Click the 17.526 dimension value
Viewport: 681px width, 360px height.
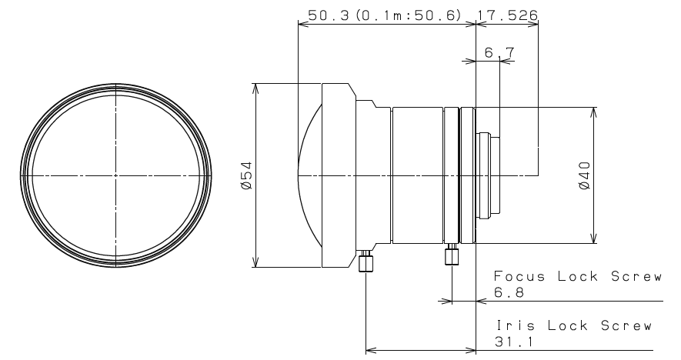coord(509,15)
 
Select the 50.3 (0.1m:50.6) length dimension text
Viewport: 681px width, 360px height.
coord(384,15)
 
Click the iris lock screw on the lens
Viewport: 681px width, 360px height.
coord(366,262)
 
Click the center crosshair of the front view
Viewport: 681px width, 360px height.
coord(115,176)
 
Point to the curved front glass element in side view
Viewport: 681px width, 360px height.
coord(308,176)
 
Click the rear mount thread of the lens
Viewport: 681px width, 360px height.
coord(489,176)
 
